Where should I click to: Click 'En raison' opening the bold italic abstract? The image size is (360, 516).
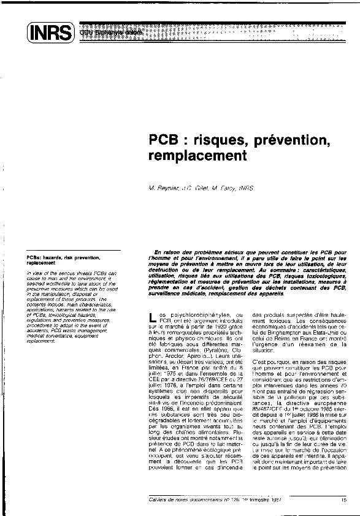(169, 253)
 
